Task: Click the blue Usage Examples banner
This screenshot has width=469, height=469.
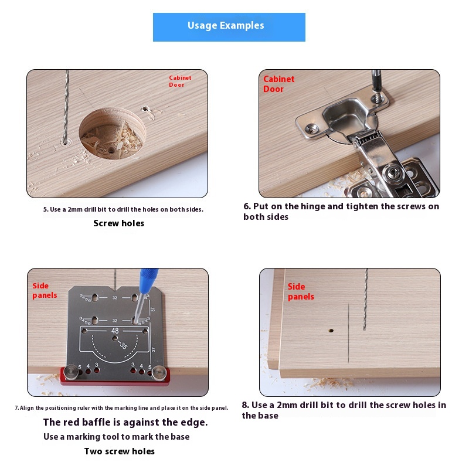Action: pos(229,27)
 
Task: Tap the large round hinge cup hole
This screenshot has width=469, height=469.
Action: pos(112,133)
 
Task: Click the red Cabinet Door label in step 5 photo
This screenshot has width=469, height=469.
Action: pos(180,81)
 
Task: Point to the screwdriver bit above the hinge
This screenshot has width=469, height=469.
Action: pos(376,84)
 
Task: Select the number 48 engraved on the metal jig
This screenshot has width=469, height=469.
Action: pos(115,331)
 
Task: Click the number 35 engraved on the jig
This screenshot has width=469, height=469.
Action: pos(124,345)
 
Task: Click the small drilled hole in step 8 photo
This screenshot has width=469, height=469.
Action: pos(331,331)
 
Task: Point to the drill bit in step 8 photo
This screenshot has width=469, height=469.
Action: pos(365,300)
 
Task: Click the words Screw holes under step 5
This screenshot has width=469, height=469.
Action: pos(119,223)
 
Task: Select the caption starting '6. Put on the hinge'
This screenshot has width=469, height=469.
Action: pos(341,211)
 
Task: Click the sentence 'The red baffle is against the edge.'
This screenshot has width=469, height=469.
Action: pos(125,422)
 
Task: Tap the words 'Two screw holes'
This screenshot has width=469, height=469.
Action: pos(120,451)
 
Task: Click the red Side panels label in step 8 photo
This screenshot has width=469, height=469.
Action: pos(301,291)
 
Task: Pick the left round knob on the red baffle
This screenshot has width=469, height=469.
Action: pos(71,372)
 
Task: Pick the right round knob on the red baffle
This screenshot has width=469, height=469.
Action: pos(159,373)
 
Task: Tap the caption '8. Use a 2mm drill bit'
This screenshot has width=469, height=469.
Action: pos(344,410)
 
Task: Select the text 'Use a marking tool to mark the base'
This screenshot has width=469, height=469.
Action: pos(116,437)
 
